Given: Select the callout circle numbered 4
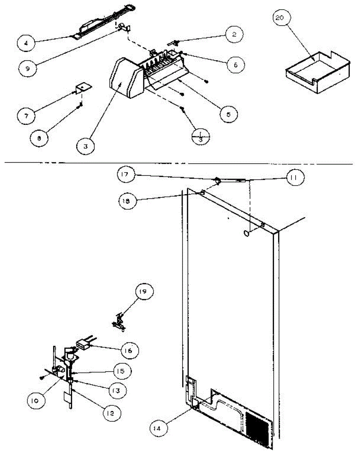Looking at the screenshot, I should pos(26,43).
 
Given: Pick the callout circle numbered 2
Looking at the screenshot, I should pos(234,35).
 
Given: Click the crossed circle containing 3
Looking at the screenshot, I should pos(200,135).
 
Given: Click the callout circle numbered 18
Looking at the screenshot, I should pos(127,201).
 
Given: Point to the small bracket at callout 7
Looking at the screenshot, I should pos(83,88).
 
